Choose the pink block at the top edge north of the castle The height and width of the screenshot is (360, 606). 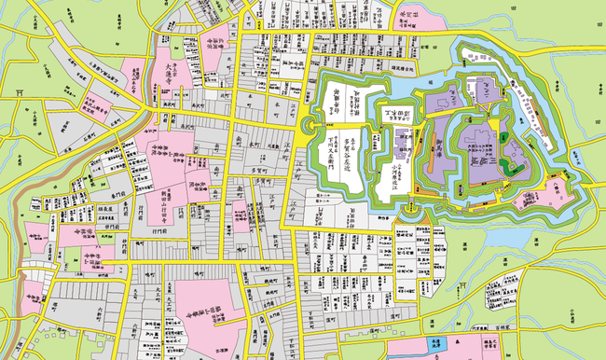click(407, 14)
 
